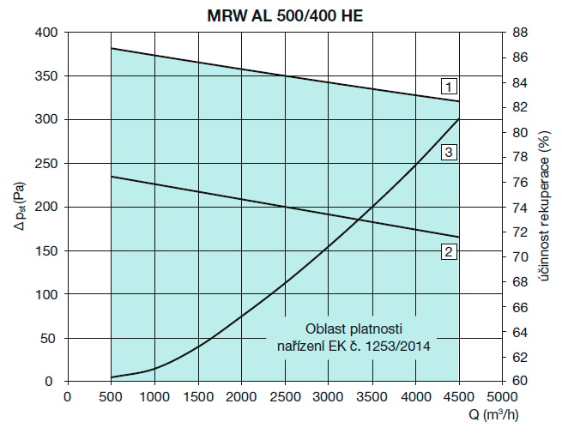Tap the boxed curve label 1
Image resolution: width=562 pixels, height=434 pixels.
[448, 86]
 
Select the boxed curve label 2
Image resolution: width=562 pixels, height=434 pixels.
[448, 251]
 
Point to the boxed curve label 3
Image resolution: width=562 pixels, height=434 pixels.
[448, 153]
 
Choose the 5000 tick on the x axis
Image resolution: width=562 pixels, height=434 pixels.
[502, 396]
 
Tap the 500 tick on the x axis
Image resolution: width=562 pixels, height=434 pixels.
[111, 396]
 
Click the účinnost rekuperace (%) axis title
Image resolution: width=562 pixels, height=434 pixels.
[546, 207]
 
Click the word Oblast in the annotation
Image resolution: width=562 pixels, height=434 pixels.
[323, 329]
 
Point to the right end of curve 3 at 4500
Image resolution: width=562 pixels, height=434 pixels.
[458, 118]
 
